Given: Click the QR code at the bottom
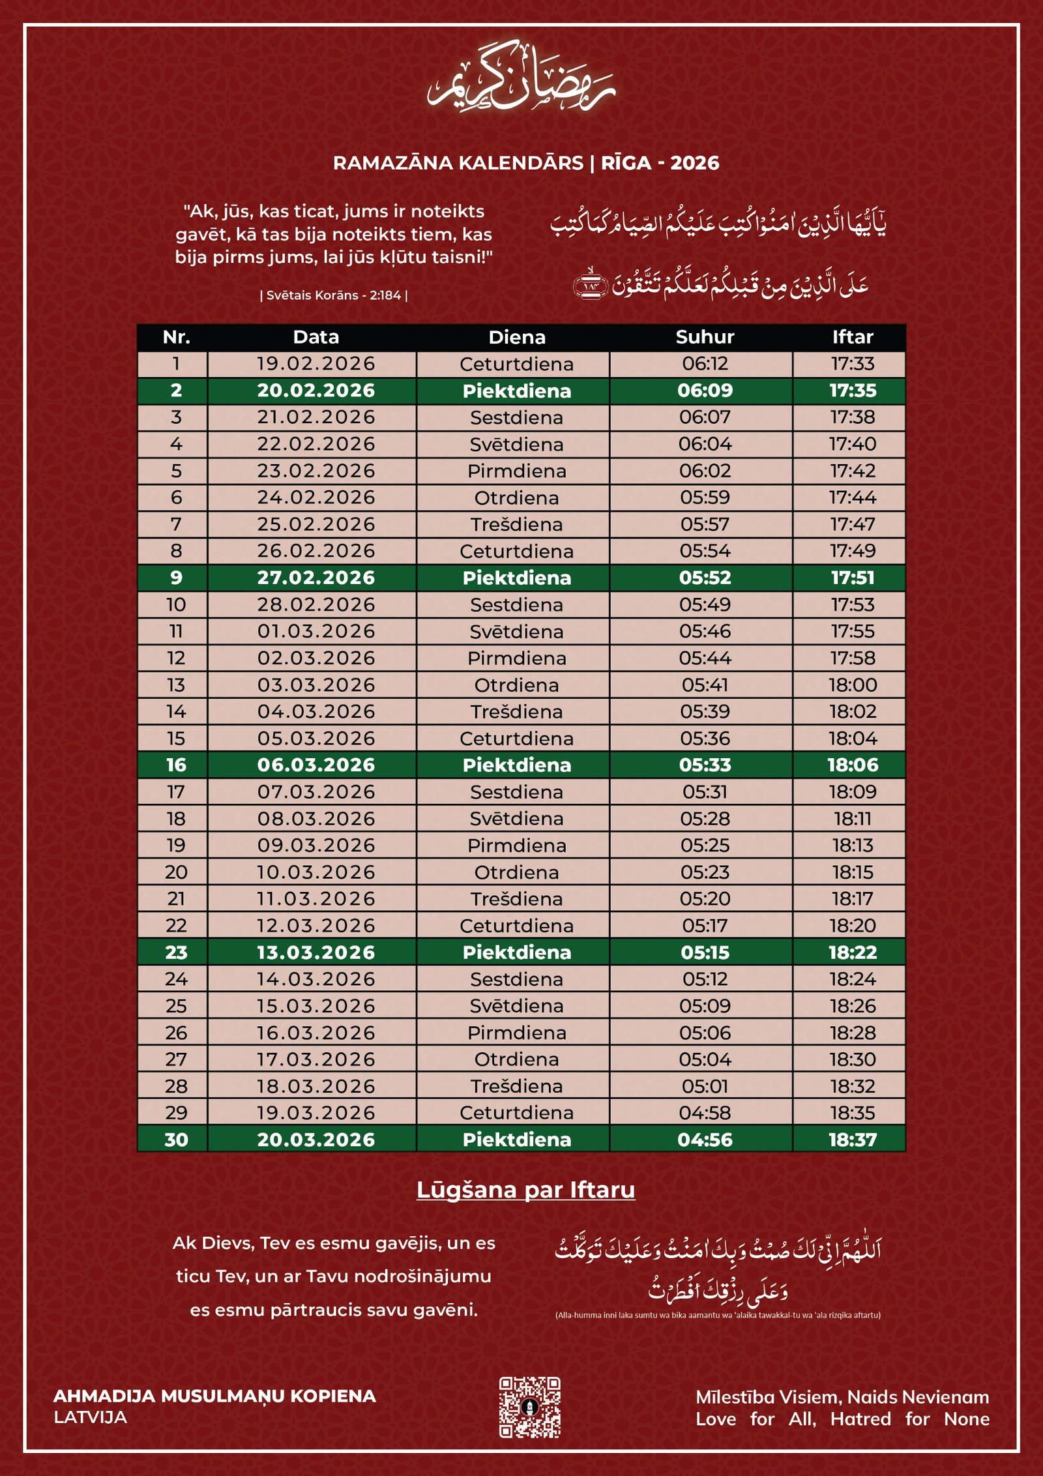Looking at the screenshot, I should pos(529,1407).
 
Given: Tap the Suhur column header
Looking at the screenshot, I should pos(705,337).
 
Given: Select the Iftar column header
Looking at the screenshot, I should pos(852,337).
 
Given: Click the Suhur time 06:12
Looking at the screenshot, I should pos(705,364).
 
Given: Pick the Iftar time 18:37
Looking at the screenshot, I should pos(852,1140).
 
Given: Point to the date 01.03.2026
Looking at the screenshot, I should pos(316,631).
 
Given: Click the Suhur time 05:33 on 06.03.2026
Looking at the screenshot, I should pos(705,765).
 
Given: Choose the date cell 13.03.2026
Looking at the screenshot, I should pos(316,952).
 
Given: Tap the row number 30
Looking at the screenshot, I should pos(176,1140).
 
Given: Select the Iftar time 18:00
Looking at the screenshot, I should pos(852,685).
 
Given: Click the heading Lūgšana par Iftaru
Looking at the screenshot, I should pos(525,1190).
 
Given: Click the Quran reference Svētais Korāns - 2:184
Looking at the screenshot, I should pos(334,295).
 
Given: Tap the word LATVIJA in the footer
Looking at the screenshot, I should pos(91,1417).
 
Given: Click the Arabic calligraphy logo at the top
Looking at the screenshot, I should pos(521,78).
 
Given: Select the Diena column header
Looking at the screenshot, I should pos(517,337).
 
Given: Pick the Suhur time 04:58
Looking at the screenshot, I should pos(705,1113).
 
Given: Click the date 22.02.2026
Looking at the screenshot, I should pos(316,444).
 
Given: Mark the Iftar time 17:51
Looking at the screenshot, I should pos(852,578).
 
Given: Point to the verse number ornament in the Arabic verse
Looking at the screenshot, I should pos(590,285).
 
